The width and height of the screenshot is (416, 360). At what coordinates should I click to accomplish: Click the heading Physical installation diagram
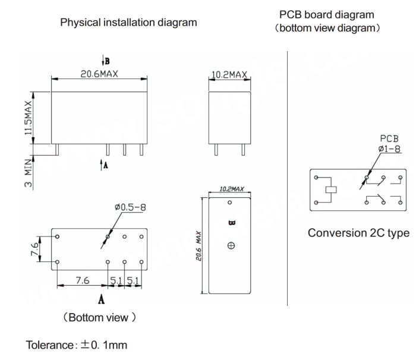128,23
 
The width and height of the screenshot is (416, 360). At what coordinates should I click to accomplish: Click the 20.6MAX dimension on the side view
99,74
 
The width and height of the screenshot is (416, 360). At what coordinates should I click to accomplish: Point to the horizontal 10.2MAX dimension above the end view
229,75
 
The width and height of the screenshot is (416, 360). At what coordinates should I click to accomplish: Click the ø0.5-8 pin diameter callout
130,207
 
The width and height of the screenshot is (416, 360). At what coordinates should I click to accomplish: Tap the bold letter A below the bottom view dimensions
102,300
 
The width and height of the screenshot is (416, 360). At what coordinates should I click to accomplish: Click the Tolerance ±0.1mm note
77,345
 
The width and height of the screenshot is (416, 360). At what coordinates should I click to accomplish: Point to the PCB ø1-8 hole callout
390,143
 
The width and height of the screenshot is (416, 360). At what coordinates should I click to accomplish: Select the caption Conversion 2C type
358,233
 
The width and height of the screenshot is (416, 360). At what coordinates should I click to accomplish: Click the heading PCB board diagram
327,14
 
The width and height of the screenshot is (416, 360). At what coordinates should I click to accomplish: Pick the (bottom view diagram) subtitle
327,28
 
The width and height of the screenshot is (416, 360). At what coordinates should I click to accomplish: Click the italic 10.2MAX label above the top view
232,189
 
